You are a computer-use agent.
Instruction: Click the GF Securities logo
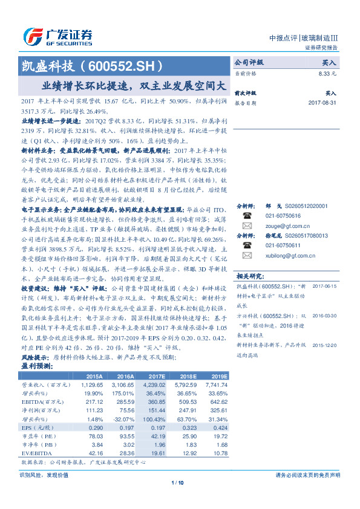pos(57,35)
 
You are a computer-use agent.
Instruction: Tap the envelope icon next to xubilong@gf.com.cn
pos(247,255)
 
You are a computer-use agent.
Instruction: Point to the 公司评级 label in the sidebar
pos(249,62)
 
